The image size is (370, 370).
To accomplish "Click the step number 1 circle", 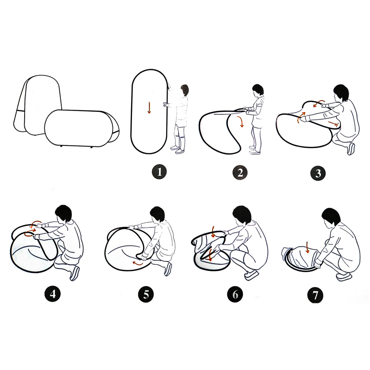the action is (159, 172).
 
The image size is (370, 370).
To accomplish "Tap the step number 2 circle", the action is (240, 173).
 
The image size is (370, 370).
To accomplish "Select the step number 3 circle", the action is (318, 173).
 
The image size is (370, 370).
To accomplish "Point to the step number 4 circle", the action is (52, 294).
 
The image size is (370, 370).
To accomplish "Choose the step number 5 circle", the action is (146, 294).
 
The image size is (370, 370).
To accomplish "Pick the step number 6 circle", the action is (235, 294).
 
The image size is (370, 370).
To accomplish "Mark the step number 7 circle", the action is (315, 295).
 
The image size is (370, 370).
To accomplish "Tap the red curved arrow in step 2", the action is (240, 121).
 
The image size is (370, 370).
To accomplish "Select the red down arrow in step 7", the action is (307, 247).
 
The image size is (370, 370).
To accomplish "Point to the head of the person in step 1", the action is (185, 90).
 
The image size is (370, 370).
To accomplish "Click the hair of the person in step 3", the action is (342, 92).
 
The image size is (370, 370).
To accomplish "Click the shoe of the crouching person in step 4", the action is (74, 273).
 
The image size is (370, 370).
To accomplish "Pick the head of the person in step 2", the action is (258, 90).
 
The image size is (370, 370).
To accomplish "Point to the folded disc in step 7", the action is (300, 259).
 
